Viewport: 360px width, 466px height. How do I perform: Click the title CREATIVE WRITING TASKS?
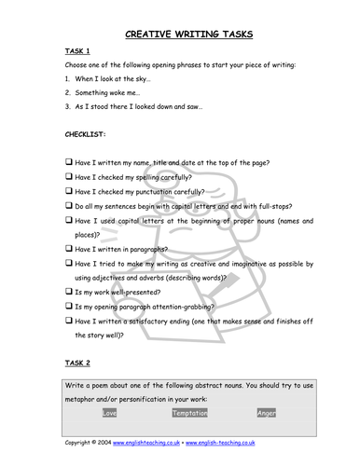click(x=187, y=35)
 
